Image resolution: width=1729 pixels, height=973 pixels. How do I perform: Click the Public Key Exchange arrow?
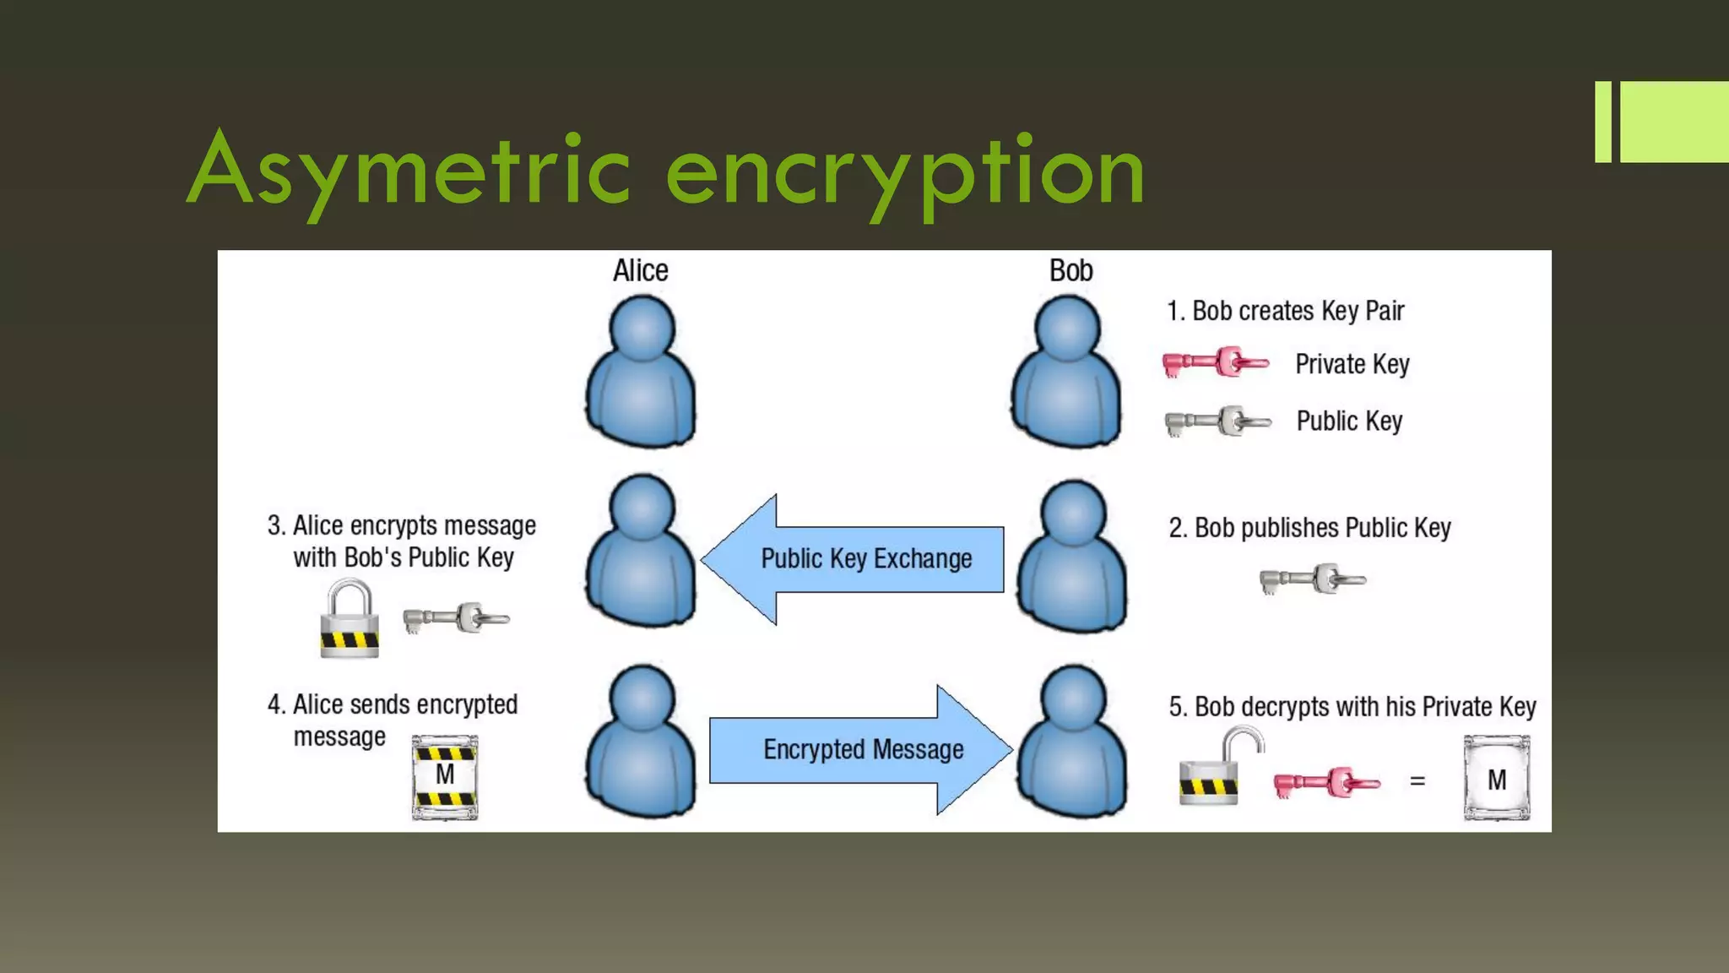point(853,559)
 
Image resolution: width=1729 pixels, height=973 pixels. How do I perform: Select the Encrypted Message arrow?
point(861,749)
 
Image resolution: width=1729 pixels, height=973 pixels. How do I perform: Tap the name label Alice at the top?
point(640,270)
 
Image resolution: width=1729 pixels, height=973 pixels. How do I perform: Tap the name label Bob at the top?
point(1070,270)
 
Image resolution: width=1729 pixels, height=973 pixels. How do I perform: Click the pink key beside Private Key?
point(1216,362)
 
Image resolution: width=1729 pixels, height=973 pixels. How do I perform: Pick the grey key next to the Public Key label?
point(1217,421)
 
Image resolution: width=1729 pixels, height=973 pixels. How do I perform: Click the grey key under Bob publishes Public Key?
point(1312,579)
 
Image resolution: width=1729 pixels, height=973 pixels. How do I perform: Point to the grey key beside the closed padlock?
point(456,618)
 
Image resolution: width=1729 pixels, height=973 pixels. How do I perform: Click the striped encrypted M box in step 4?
point(445,777)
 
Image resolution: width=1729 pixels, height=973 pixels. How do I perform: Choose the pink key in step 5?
point(1326,783)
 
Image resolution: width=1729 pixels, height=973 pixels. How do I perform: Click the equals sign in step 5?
point(1417,781)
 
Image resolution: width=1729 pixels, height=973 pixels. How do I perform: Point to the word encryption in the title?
point(905,173)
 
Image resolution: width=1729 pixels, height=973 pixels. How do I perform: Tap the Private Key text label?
point(1352,364)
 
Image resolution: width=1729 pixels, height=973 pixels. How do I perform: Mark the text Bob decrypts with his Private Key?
point(1352,706)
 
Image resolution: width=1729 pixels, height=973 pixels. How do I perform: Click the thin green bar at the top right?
point(1602,122)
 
